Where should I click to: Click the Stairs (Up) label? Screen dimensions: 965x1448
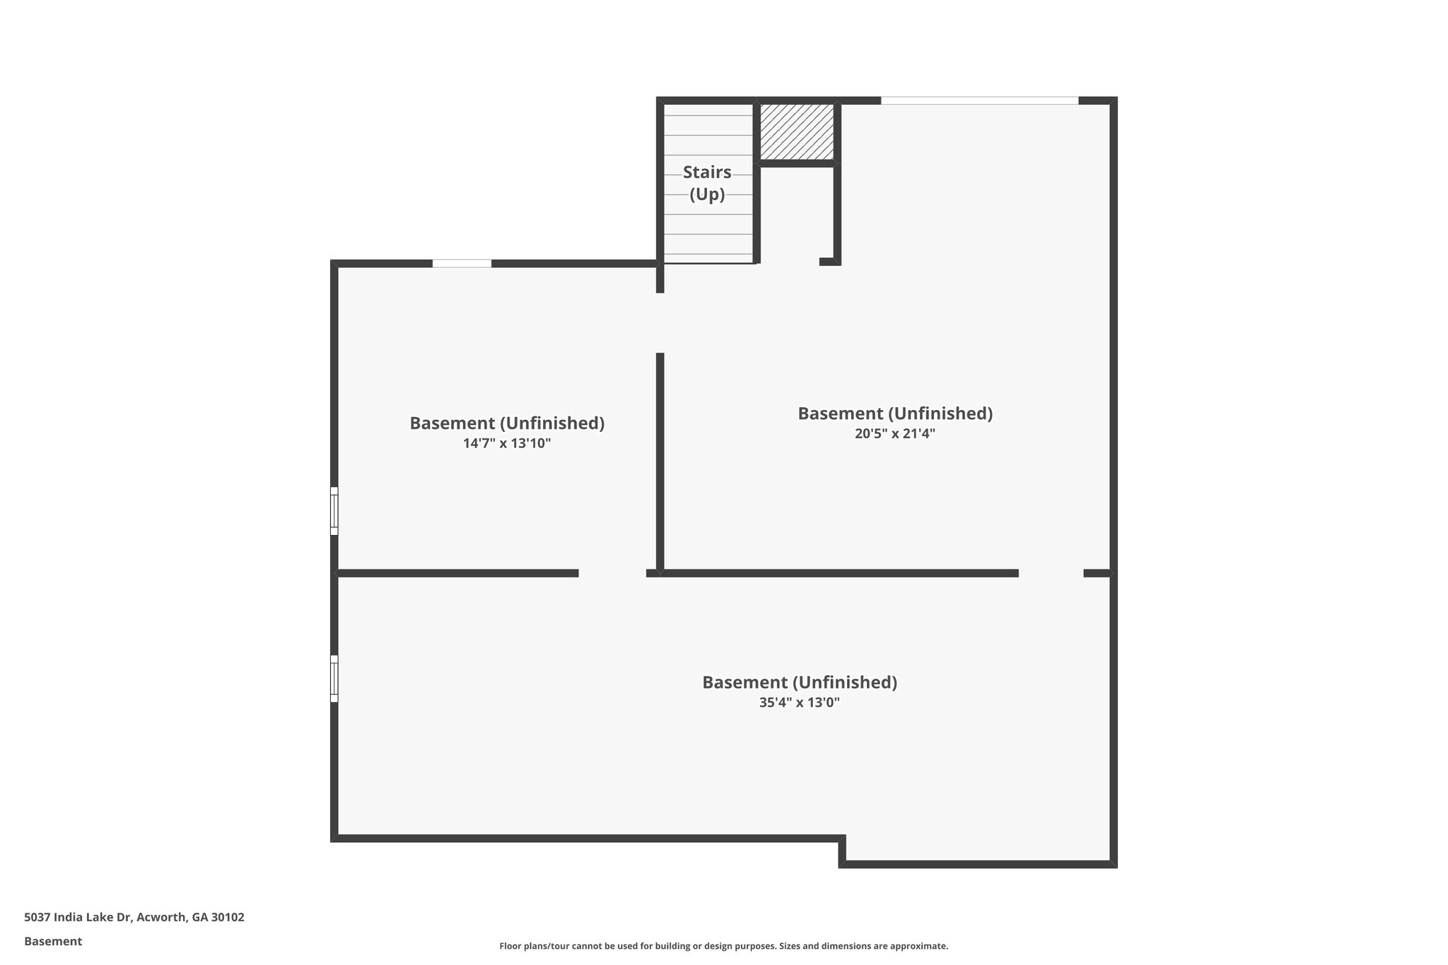[x=707, y=183]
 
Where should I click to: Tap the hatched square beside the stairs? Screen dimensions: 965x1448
[x=797, y=131]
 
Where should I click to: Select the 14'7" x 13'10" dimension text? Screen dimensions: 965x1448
[x=507, y=444]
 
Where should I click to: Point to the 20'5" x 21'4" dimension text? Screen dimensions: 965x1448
[x=894, y=434]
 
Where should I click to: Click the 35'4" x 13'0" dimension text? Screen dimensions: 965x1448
[x=799, y=703]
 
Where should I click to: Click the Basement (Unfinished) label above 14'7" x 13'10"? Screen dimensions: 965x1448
[x=507, y=423]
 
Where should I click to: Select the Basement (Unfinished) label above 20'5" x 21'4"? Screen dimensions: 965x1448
[x=894, y=414]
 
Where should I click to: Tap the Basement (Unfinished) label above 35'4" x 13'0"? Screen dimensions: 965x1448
[x=799, y=682]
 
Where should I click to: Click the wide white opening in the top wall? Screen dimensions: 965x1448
[x=979, y=101]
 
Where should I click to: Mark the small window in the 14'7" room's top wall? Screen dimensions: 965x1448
[x=462, y=264]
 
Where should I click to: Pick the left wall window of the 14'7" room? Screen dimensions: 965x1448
[x=334, y=511]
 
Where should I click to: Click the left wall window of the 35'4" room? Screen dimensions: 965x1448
[x=334, y=679]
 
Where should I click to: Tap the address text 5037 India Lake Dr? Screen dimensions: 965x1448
[x=134, y=918]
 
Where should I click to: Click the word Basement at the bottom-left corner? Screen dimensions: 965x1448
[x=53, y=942]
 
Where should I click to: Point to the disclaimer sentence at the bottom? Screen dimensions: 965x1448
[x=723, y=946]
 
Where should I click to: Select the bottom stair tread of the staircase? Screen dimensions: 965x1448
[x=708, y=258]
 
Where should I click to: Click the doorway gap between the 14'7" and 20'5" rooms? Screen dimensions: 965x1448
[x=660, y=323]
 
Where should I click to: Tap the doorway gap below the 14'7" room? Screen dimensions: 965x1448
[x=612, y=573]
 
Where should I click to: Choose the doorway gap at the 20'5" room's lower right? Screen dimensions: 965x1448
[x=1051, y=573]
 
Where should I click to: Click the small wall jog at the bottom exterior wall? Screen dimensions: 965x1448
[x=842, y=850]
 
